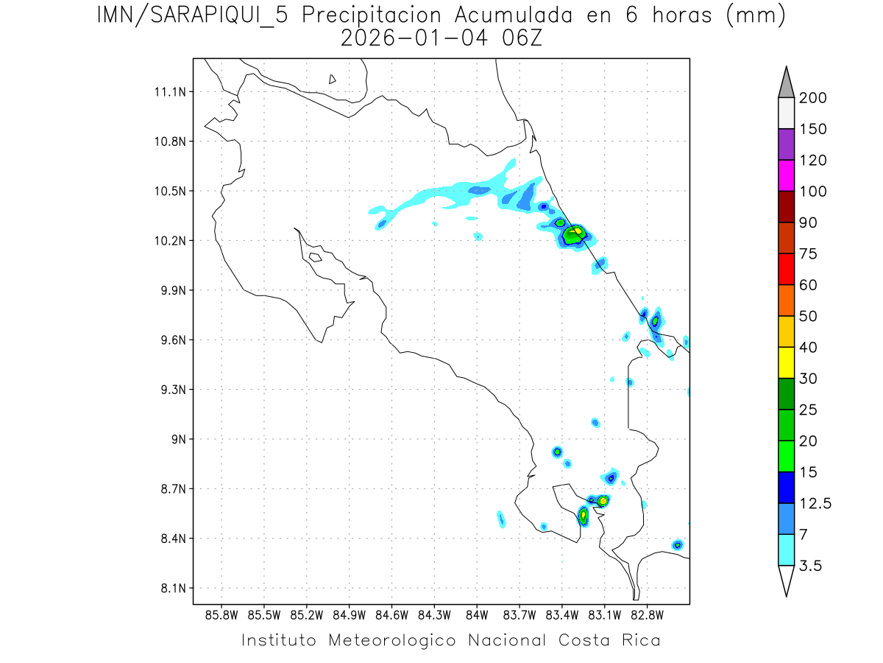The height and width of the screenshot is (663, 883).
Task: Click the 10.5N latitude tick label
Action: (169, 191)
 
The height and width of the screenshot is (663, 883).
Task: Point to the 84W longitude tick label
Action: (477, 614)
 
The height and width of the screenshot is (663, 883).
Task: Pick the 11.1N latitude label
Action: (169, 91)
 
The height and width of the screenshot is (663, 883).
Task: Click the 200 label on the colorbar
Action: (813, 98)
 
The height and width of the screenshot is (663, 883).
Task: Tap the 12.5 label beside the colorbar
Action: (814, 503)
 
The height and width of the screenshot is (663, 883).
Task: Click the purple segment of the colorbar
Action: (786, 144)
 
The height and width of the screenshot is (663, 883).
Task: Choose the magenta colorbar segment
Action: (786, 175)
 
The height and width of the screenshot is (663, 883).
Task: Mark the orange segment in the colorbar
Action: (786, 301)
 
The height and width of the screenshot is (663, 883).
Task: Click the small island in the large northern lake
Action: (333, 79)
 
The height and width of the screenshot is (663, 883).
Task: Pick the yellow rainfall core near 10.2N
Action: (578, 231)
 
